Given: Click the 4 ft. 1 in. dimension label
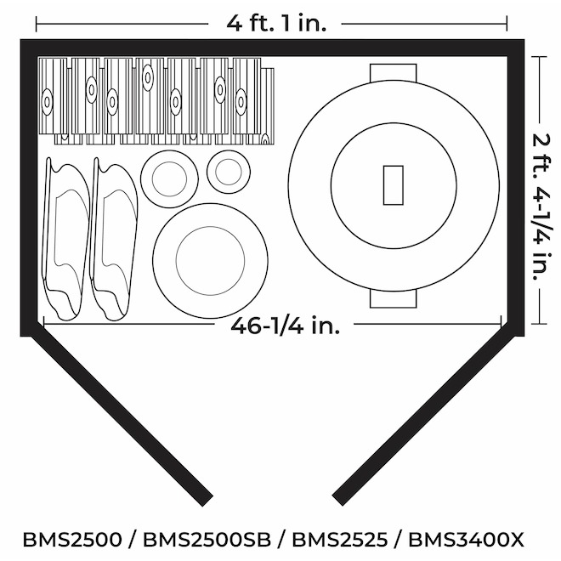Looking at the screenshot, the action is pos(276,24).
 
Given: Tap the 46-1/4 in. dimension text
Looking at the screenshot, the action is pos(285,326).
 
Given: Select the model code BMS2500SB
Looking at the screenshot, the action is pos(207,540).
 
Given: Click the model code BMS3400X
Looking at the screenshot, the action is pos(466,540).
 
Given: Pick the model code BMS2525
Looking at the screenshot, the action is pos(339,540).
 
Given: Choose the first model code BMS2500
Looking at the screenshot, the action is pos(72,540).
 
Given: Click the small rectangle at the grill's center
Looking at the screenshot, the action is pos(394,185).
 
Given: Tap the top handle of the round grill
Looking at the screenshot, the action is pos(394,72).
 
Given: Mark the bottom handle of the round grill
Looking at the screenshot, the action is pos(394,298).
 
